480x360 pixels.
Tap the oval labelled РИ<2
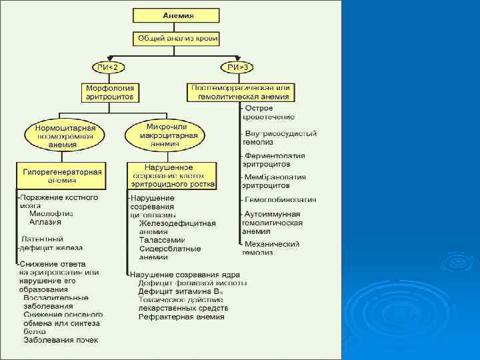[109, 67]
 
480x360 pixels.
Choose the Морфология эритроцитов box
[110, 92]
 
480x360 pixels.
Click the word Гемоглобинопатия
[280, 199]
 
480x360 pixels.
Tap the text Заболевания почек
[61, 340]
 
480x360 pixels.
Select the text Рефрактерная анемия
[181, 317]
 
